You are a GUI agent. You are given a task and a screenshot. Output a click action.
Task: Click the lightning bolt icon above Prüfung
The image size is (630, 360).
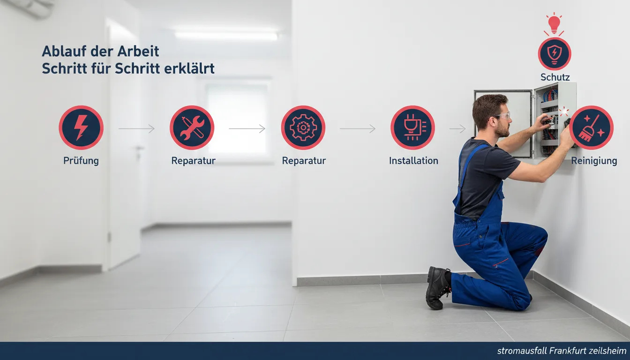coord(81,127)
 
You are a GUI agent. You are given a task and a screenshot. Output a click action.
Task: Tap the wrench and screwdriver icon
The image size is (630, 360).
coord(192,127)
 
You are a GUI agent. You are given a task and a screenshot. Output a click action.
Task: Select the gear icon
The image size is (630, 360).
coord(303,127)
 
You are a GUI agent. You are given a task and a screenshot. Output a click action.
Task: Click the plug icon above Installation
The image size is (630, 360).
coord(412,127)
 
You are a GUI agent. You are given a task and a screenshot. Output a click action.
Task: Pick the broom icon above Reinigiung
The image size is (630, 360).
coord(592,127)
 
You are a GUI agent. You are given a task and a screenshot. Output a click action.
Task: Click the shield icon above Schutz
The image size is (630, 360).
coord(555,54)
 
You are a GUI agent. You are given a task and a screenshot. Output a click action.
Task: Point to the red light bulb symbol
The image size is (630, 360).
coord(554,24)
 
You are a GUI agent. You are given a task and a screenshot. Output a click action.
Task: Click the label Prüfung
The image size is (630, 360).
coord(81,161)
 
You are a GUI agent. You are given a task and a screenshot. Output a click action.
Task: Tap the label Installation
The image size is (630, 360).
coord(413,161)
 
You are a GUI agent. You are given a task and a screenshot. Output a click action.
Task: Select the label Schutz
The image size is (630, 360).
coord(555,77)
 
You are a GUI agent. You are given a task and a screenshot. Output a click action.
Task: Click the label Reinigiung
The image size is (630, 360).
coord(594,161)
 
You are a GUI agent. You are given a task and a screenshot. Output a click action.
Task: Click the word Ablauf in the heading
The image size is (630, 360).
coord(64,51)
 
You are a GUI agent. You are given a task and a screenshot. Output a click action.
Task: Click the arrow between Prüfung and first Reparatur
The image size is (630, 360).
coord(136,128)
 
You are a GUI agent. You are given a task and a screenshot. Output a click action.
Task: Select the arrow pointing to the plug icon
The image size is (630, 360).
coord(358,128)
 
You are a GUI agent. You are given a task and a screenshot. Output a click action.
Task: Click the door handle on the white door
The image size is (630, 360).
coord(139,149)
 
